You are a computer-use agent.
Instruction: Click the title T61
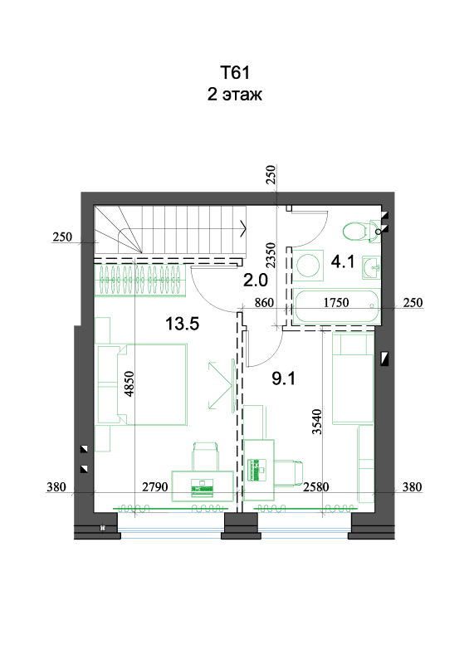tap(235, 72)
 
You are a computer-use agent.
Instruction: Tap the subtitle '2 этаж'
tap(234, 94)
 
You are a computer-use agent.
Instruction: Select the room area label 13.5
tap(182, 324)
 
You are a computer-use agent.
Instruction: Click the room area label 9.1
tap(283, 378)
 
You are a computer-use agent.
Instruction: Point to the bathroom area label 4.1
tap(343, 261)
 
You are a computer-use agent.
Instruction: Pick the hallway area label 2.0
tap(256, 280)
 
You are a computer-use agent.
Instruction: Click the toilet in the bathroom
tap(360, 232)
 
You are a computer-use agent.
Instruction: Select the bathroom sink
tap(372, 267)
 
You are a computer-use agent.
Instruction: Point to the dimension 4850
tap(129, 383)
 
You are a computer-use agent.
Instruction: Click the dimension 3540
tap(316, 422)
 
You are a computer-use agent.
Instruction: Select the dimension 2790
tap(154, 487)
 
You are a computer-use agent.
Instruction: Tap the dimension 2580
tap(316, 487)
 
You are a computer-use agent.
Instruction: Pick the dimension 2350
tap(271, 255)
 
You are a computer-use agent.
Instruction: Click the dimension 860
tap(264, 303)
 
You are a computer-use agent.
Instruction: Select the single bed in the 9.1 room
tap(353, 378)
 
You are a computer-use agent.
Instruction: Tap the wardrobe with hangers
tap(140, 280)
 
